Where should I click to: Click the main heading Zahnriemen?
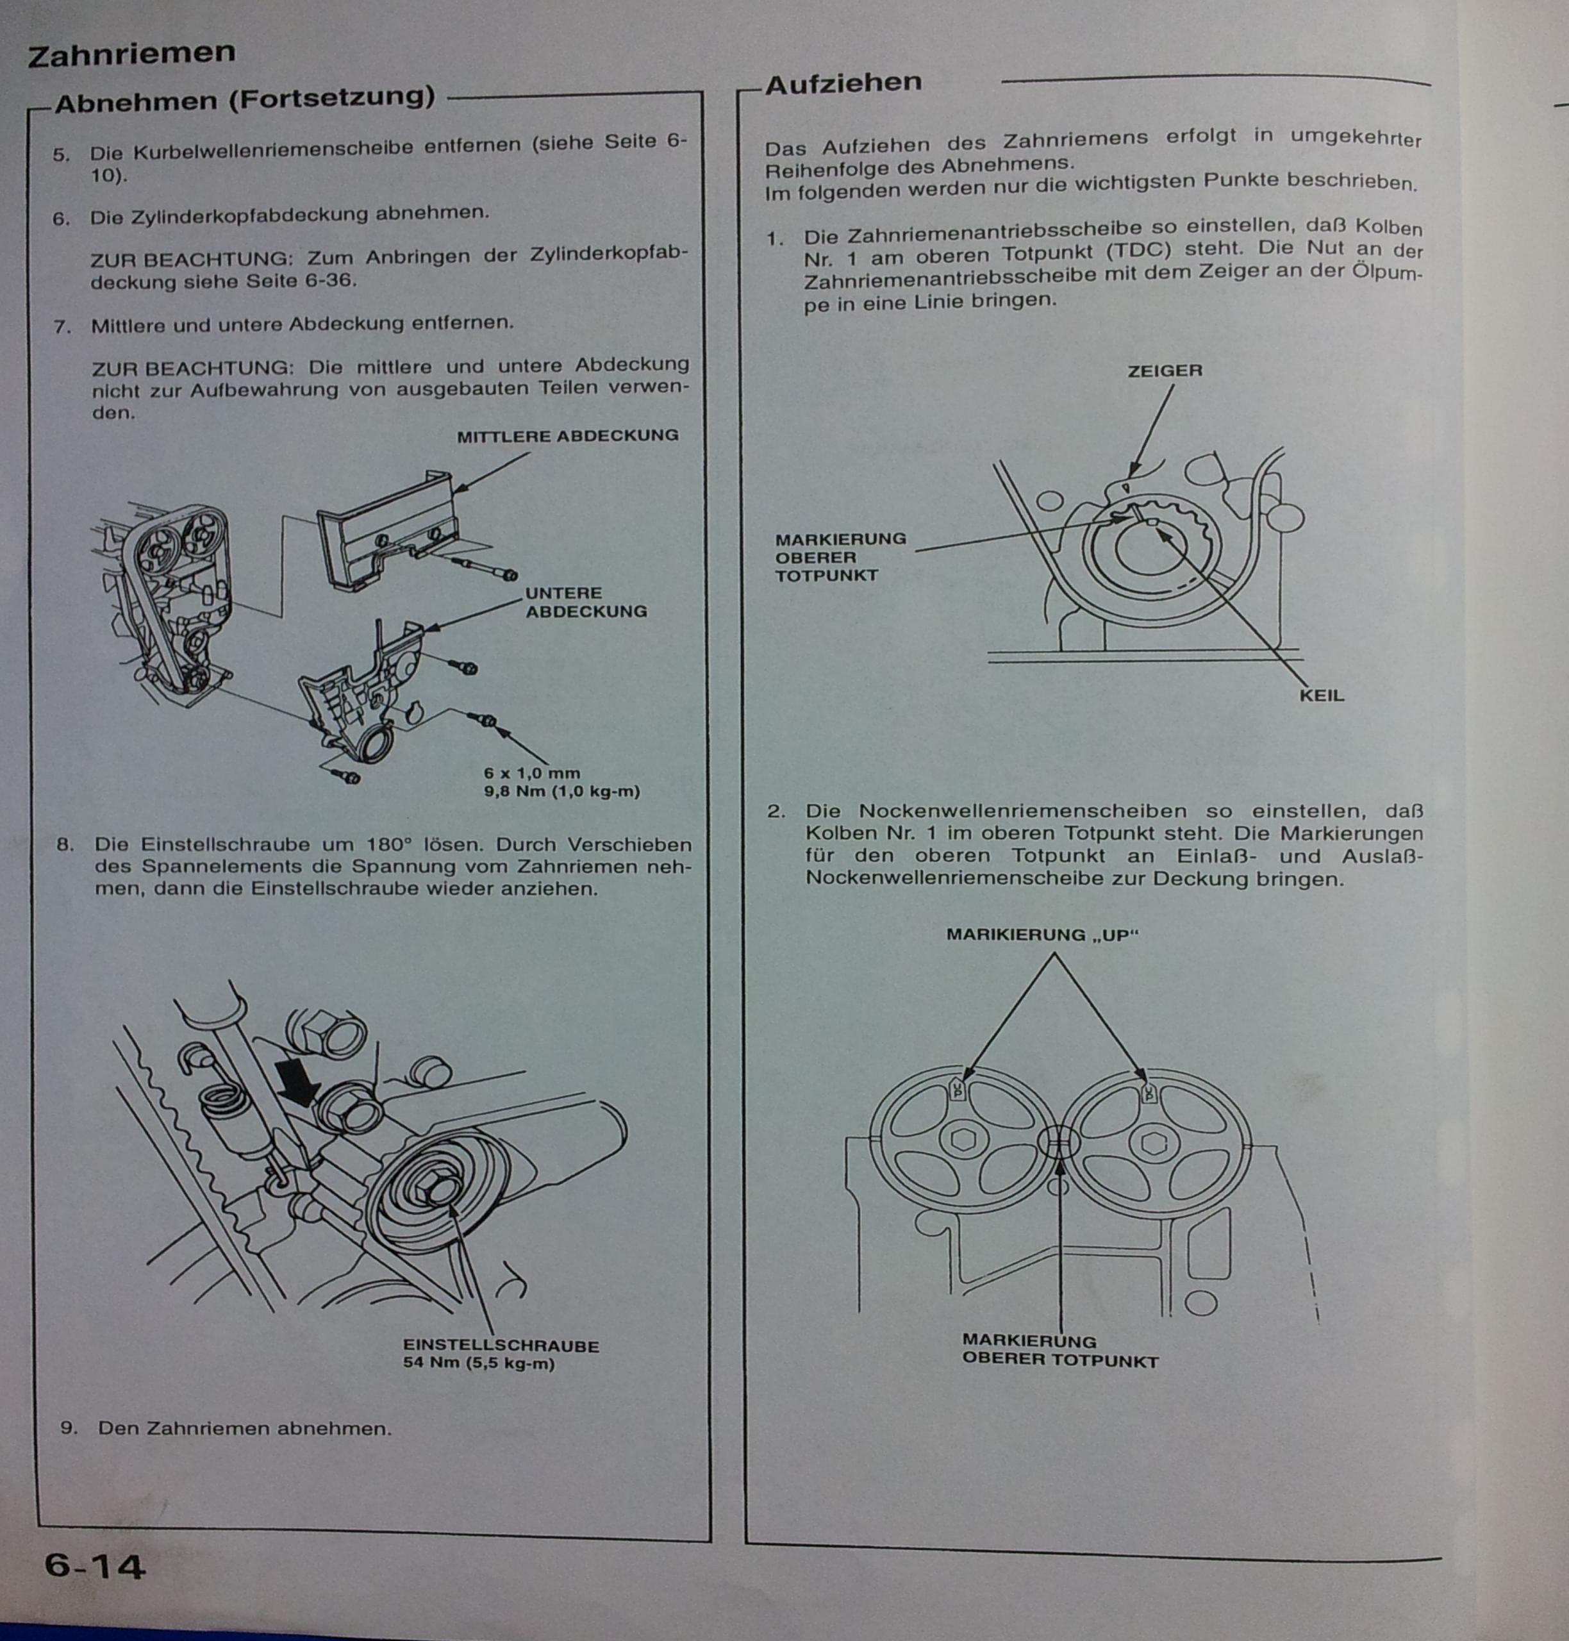point(131,54)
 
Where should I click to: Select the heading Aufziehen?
point(842,83)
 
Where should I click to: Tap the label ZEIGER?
point(1164,371)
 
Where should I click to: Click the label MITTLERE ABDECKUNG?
point(567,436)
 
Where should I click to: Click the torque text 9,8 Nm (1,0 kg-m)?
point(561,791)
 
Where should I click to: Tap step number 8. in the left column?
point(65,844)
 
